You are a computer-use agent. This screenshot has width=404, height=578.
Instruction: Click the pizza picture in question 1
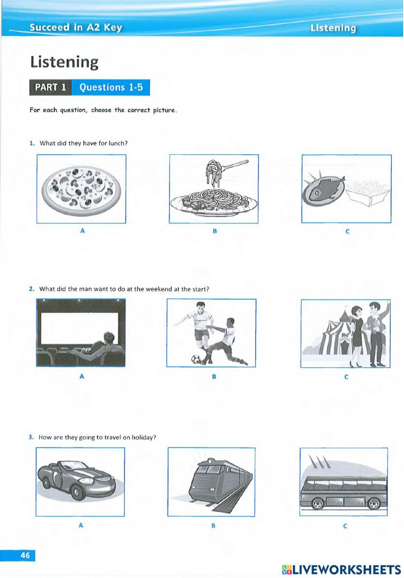click(81, 189)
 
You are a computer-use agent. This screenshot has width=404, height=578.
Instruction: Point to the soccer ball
click(196, 359)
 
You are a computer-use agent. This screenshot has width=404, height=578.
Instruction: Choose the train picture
click(211, 482)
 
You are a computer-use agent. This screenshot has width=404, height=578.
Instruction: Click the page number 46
click(25, 555)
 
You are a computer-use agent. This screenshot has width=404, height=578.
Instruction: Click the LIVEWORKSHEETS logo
click(341, 570)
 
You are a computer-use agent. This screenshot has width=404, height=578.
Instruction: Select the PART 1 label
click(50, 87)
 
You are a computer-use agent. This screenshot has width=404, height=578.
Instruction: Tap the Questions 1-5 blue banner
click(111, 87)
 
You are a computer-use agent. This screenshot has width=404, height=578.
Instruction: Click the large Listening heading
click(64, 62)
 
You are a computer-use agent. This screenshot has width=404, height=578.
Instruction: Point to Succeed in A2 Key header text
click(76, 27)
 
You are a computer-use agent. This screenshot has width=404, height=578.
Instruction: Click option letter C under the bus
click(345, 526)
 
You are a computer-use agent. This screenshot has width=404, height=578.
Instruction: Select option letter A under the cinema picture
click(82, 376)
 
